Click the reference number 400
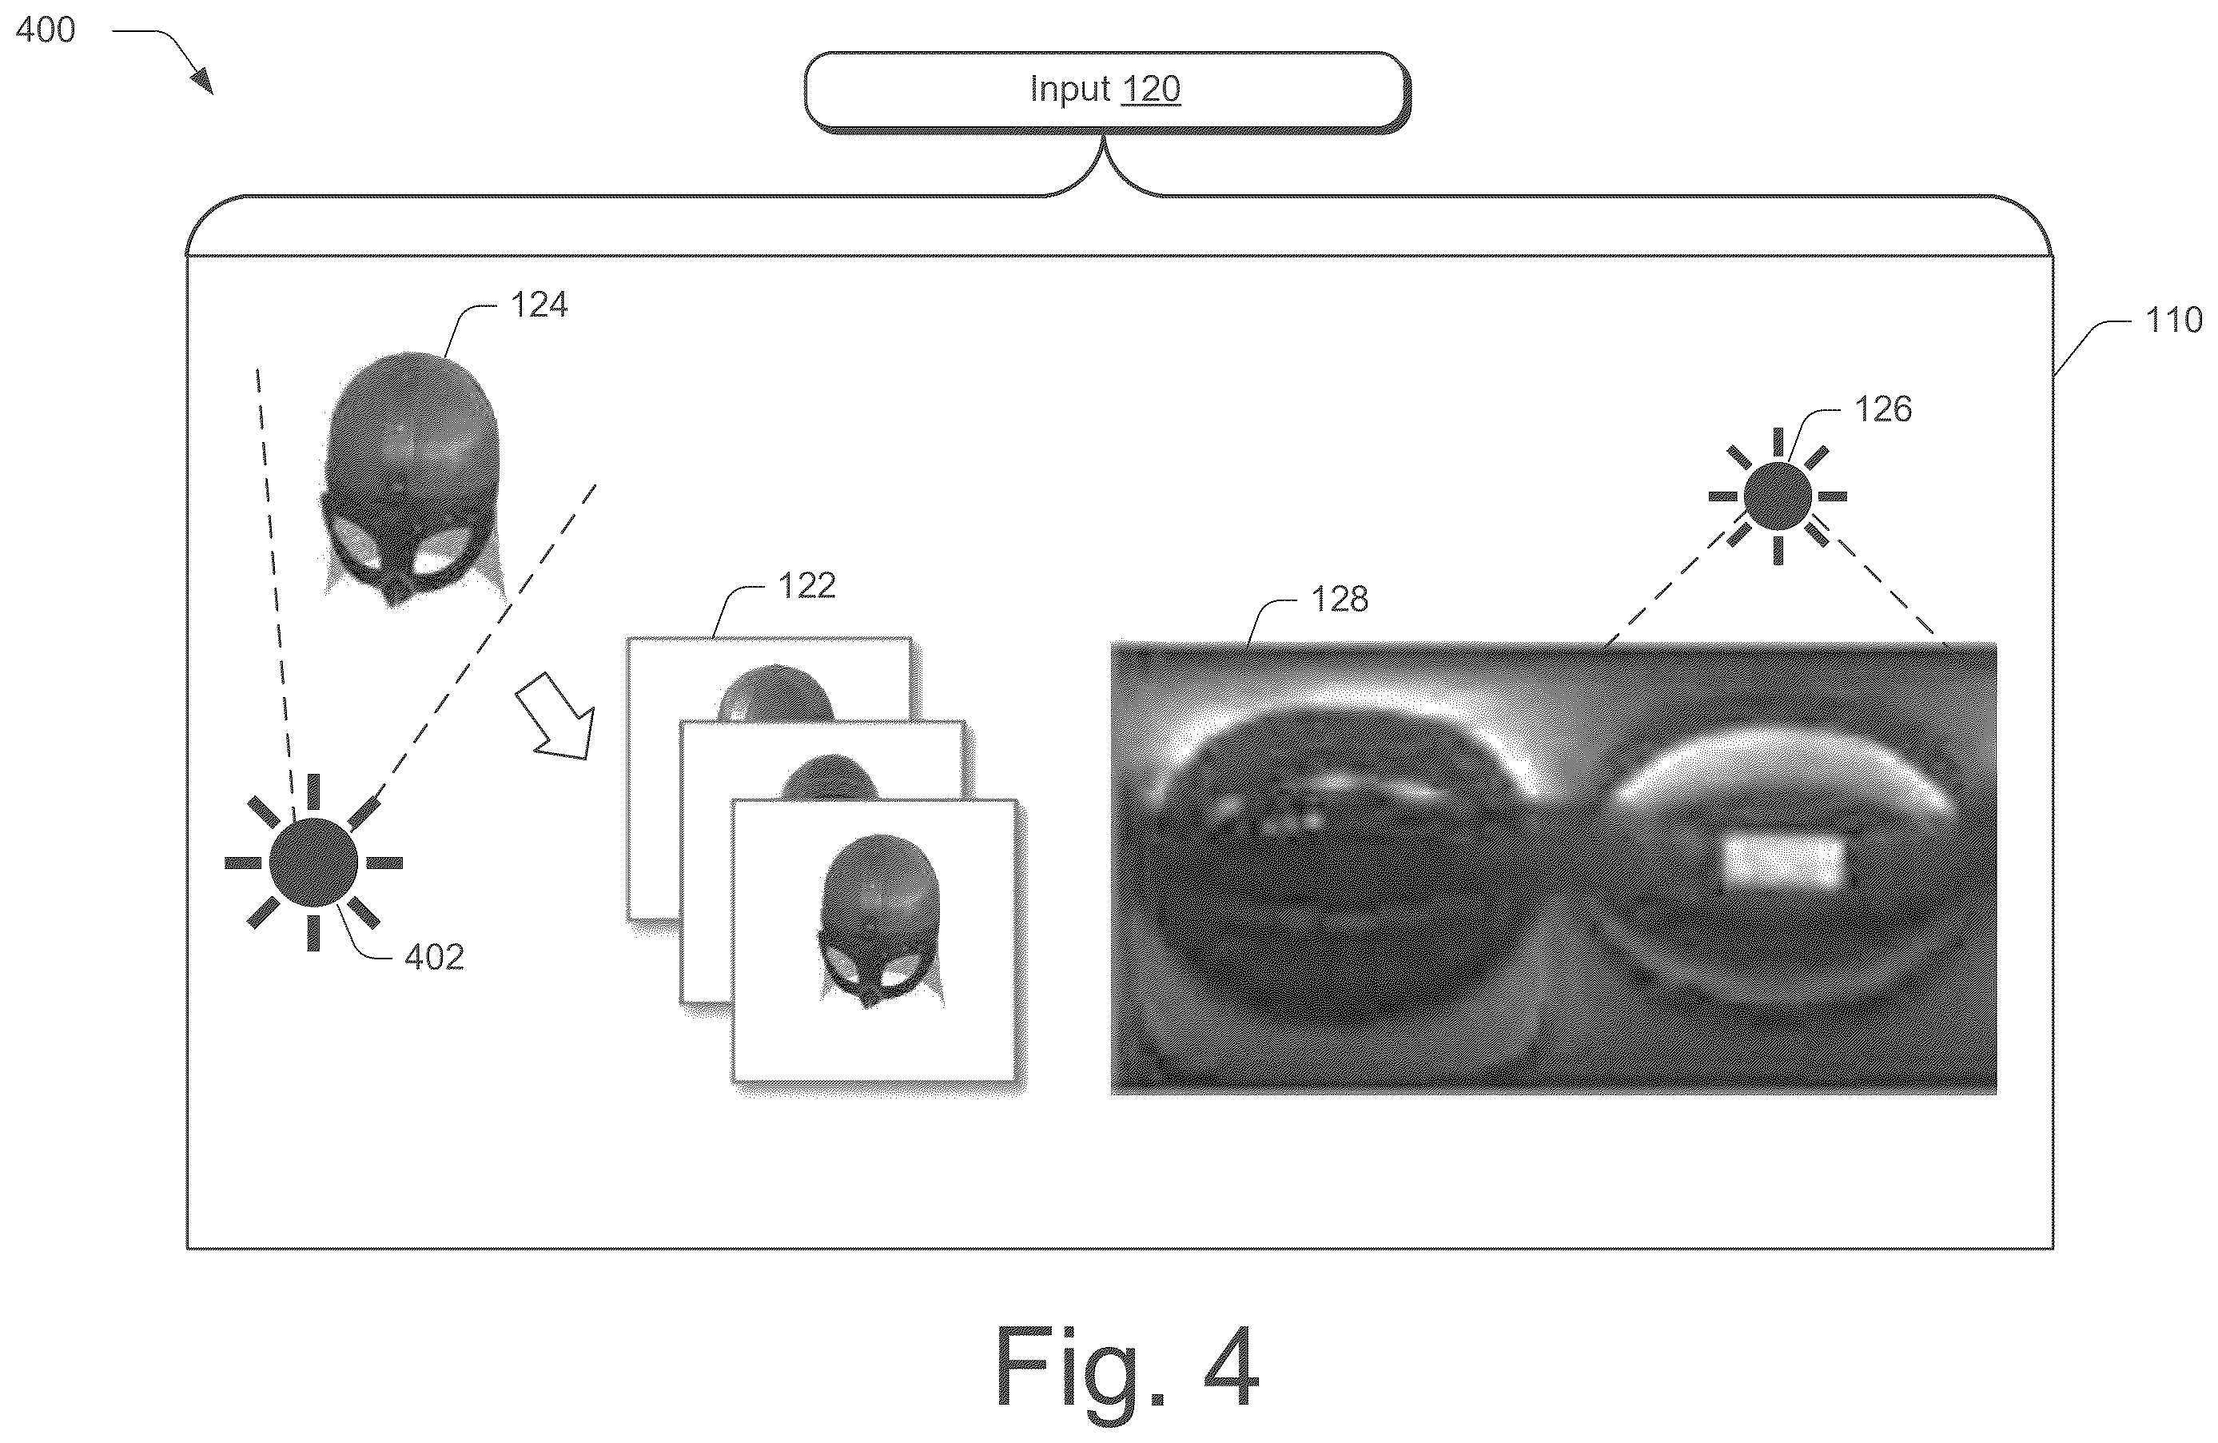pos(46,30)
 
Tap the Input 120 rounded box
pos(1106,91)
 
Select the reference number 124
pos(540,305)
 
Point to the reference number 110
pos(2173,321)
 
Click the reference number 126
pos(1883,409)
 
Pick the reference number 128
pos(1339,599)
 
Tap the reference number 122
pos(807,585)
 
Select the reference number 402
pos(434,958)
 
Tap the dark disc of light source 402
pos(313,863)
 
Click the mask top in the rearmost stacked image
pos(775,691)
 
